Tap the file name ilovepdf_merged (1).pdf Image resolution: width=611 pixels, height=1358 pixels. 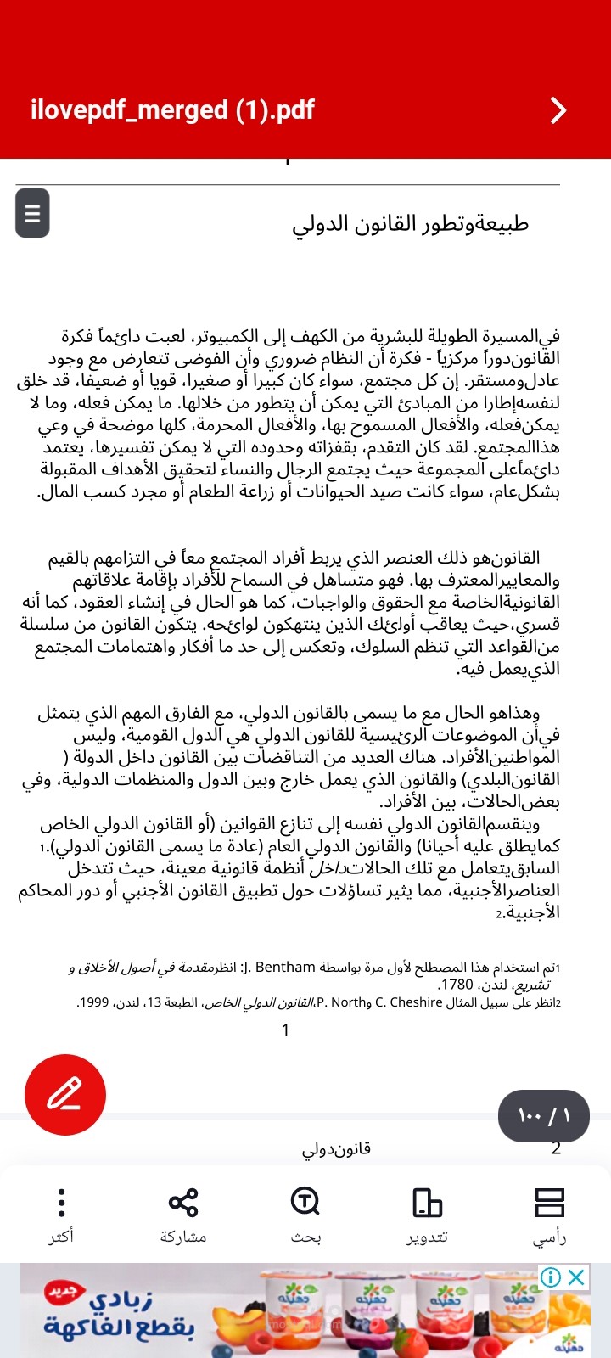coord(172,110)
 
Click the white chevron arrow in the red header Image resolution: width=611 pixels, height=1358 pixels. coord(558,110)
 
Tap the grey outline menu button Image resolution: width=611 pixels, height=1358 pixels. coord(32,212)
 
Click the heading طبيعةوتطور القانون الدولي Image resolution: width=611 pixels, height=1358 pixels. coord(411,223)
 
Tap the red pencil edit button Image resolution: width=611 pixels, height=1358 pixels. coord(65,1094)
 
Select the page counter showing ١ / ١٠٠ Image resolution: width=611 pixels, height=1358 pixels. coord(543,1115)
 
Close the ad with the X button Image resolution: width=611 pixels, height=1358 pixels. coord(577,1277)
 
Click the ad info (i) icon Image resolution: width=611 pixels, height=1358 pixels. coord(551,1277)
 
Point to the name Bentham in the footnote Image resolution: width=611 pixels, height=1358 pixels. coord(285,967)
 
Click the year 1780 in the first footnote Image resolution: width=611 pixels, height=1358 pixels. coord(456,985)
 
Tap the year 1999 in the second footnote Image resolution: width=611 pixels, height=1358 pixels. coord(93,1002)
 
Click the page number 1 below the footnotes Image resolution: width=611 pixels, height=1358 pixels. coord(286,1030)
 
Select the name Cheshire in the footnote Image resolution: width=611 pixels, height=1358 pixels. coord(414,1002)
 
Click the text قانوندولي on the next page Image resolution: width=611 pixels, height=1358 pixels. coord(336,1148)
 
